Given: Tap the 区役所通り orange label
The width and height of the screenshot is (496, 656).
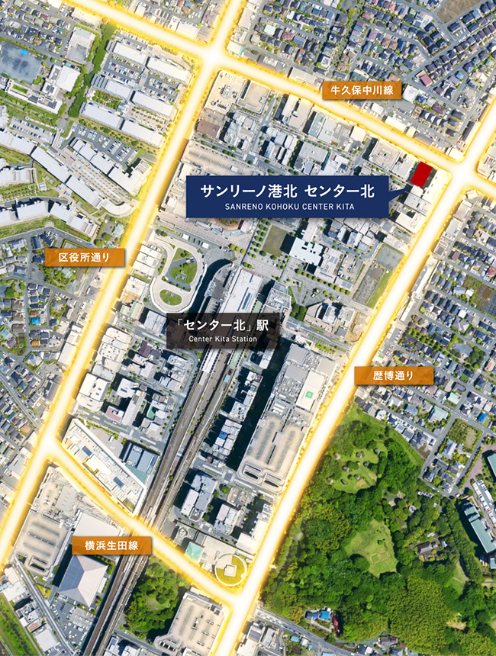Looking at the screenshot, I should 84,257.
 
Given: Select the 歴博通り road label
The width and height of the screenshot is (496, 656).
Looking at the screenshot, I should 393,375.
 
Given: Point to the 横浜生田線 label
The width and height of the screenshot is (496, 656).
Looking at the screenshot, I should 112,545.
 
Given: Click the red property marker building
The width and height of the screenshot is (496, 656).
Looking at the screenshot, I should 420,175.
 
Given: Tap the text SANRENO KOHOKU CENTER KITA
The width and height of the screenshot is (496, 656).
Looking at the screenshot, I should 290,206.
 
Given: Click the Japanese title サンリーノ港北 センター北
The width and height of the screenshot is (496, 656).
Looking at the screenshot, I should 289,189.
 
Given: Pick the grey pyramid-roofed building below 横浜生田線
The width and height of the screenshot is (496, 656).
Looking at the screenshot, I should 83,579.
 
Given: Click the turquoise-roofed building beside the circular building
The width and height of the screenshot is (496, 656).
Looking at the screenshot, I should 195,550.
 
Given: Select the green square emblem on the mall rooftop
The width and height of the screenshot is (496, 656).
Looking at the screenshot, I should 311,397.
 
